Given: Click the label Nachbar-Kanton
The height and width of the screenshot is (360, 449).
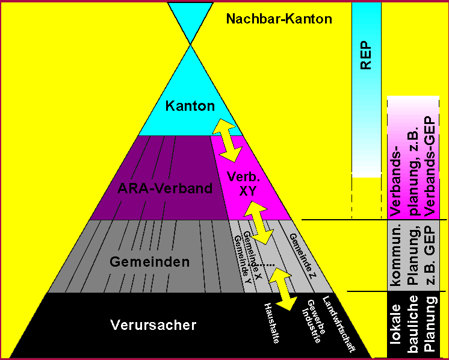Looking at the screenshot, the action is coord(279,19).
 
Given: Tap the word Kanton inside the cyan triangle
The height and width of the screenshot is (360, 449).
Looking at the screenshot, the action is coord(190,106).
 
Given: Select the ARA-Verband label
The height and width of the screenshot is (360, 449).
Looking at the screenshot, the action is coord(165,188).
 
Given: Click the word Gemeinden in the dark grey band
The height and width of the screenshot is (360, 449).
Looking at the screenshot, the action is coord(149,262).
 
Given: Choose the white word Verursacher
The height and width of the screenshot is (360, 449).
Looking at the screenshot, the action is coord(153,325).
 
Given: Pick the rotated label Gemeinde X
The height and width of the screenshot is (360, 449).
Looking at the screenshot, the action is coord(253,254).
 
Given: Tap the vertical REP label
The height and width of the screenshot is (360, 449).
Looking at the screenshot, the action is coord(366,56).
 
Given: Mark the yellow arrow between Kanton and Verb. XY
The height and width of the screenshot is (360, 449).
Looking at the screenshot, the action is coord(228,140).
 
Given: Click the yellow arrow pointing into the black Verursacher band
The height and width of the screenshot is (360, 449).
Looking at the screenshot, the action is coord(283,288).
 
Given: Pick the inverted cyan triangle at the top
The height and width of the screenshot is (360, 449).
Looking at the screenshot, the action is coord(190,23).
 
